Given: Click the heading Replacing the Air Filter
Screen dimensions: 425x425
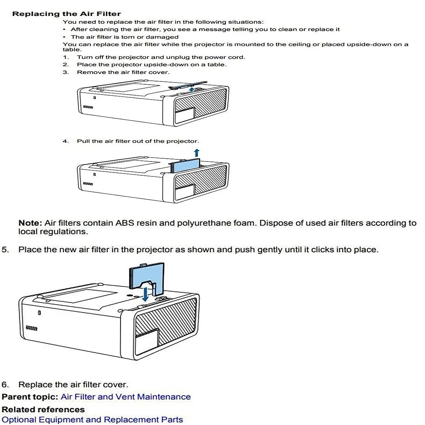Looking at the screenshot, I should pyautogui.click(x=67, y=14).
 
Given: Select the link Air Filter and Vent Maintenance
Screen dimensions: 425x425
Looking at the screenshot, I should pyautogui.click(x=125, y=397).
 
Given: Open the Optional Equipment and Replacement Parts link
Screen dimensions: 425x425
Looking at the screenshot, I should pyautogui.click(x=92, y=420).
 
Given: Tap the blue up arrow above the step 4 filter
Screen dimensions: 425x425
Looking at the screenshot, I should pyautogui.click(x=197, y=153).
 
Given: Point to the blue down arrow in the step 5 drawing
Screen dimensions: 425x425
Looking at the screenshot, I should pyautogui.click(x=146, y=294).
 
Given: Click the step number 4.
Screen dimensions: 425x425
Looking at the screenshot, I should pyautogui.click(x=66, y=141).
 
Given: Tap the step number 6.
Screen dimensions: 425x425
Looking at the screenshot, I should pyautogui.click(x=5, y=385).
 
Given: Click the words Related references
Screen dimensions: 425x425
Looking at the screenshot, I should pyautogui.click(x=43, y=409).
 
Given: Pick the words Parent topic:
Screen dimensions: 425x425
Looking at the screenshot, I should pyautogui.click(x=30, y=397).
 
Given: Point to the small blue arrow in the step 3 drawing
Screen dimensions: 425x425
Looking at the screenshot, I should pyautogui.click(x=191, y=90).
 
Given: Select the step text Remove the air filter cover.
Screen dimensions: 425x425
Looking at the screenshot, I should pyautogui.click(x=123, y=72).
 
